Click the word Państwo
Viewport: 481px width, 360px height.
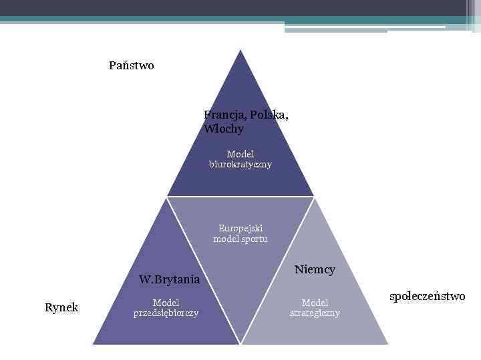[x=131, y=65]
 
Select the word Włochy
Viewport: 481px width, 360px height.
[x=224, y=128]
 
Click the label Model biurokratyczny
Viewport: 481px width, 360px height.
[x=240, y=159]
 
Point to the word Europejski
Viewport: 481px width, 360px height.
[x=240, y=228]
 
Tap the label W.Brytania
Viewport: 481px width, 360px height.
[x=169, y=279]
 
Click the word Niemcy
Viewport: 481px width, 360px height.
[x=315, y=269]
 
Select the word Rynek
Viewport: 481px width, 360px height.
[x=61, y=307]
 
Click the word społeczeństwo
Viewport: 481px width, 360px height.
[x=427, y=296]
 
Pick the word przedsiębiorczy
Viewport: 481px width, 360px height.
[x=166, y=313]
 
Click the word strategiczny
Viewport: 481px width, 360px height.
[x=315, y=313]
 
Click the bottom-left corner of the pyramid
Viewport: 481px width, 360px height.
[x=93, y=344]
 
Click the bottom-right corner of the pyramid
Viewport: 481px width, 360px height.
[x=388, y=344]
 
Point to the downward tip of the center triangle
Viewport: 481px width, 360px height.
[x=240, y=343]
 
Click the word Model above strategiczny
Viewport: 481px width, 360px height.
[x=315, y=302]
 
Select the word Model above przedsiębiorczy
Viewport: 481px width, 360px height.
[x=166, y=302]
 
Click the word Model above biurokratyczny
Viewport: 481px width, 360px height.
[x=240, y=154]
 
